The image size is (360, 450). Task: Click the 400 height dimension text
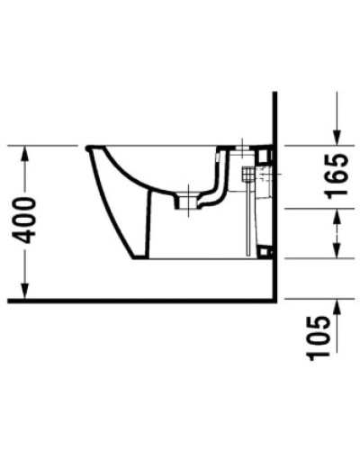[26, 219]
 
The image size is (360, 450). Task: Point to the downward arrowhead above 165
[337, 136]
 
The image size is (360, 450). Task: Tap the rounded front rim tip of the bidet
[87, 148]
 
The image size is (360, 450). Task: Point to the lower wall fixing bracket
[264, 252]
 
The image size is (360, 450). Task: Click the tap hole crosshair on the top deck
[245, 146]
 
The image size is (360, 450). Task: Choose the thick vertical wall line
[272, 198]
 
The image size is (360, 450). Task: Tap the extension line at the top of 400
[45, 145]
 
